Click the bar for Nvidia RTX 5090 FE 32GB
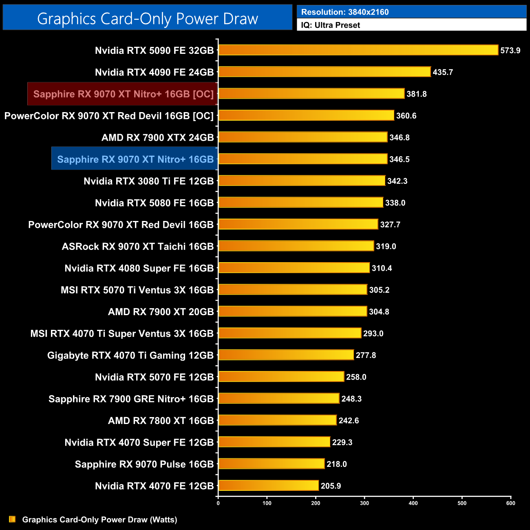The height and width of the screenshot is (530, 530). pyautogui.click(x=358, y=50)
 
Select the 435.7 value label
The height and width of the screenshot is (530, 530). pyautogui.click(x=443, y=72)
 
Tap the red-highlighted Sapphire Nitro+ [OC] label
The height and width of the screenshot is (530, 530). pyautogui.click(x=123, y=94)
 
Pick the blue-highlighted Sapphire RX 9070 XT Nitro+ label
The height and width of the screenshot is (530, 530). pyautogui.click(x=135, y=159)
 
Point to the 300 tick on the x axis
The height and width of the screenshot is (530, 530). pyautogui.click(x=364, y=503)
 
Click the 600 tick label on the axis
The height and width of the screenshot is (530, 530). pyautogui.click(x=510, y=503)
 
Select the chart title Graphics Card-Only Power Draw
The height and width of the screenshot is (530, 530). pyautogui.click(x=148, y=19)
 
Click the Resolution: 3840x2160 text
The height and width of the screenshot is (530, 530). pyautogui.click(x=345, y=12)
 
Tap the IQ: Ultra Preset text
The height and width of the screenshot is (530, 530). pyautogui.click(x=331, y=25)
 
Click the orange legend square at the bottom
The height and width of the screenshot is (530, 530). pyautogui.click(x=12, y=519)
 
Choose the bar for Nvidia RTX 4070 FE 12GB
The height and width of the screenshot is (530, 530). pyautogui.click(x=269, y=486)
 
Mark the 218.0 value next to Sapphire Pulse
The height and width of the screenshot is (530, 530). pyautogui.click(x=337, y=464)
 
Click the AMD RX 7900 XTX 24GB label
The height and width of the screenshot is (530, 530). pyautogui.click(x=157, y=138)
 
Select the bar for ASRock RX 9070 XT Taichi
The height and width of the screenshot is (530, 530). pyautogui.click(x=296, y=246)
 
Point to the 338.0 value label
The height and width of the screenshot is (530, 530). pyautogui.click(x=395, y=203)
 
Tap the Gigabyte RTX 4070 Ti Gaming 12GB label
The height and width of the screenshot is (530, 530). pyautogui.click(x=130, y=356)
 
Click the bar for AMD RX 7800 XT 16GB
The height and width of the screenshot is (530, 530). pyautogui.click(x=277, y=420)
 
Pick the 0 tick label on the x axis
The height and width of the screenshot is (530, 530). pyautogui.click(x=218, y=503)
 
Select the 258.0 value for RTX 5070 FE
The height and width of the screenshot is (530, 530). pyautogui.click(x=356, y=377)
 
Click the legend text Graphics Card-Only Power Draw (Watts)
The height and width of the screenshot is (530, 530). pyautogui.click(x=99, y=519)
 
